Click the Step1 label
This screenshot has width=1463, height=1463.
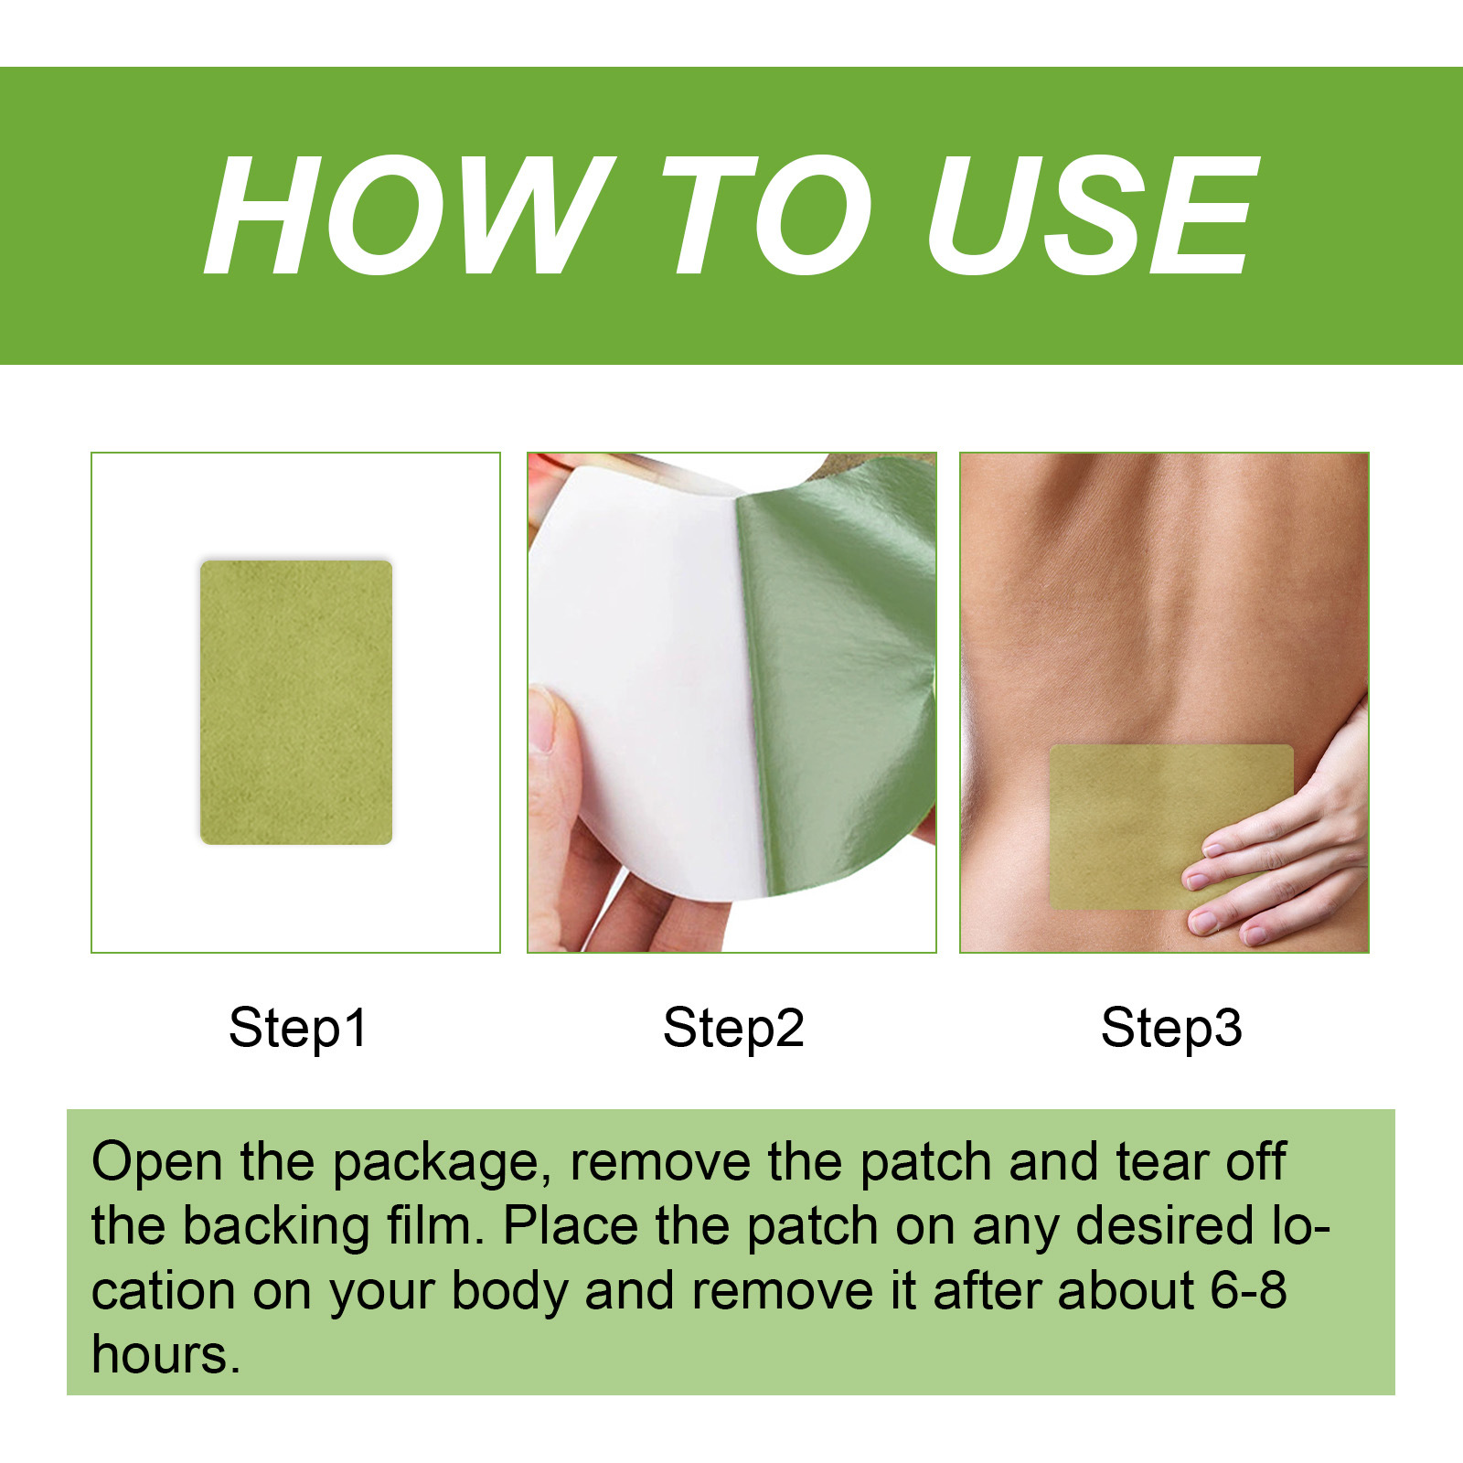297,1028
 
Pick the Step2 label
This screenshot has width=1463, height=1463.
733,1028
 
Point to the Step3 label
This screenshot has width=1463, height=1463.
1171,1028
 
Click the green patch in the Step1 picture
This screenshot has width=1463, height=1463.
296,702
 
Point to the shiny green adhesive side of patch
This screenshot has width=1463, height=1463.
832,677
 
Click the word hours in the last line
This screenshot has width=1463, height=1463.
165,1355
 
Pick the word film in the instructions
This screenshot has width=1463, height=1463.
434,1227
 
